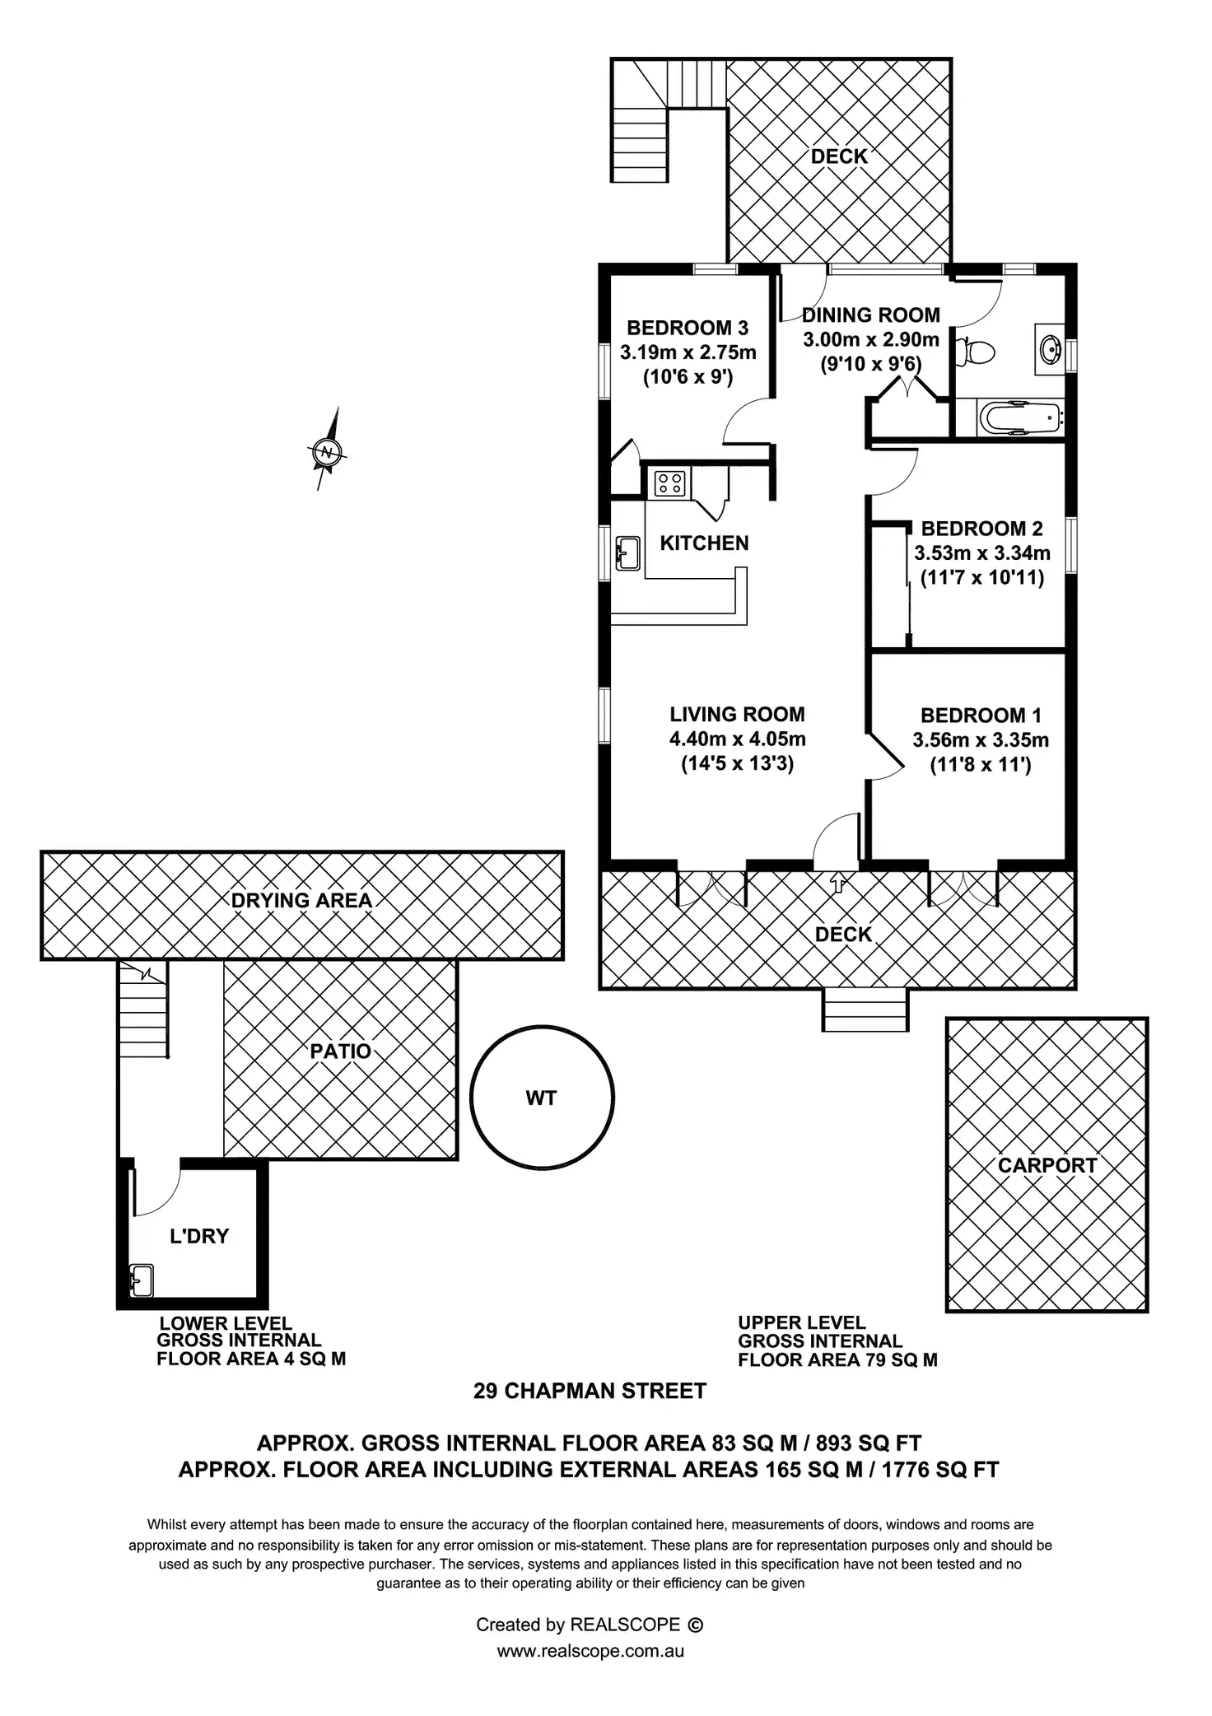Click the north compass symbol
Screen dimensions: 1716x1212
click(x=328, y=451)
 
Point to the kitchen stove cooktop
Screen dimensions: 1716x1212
click(x=669, y=483)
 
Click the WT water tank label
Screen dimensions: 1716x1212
click(x=541, y=1098)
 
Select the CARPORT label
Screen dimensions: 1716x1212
click(x=1047, y=1165)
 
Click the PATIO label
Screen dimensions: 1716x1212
click(x=340, y=1052)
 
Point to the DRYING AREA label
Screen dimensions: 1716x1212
click(x=301, y=900)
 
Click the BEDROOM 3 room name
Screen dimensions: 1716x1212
click(x=688, y=328)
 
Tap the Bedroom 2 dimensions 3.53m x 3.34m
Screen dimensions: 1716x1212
click(x=982, y=553)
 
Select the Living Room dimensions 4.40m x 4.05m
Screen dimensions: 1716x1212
click(x=737, y=739)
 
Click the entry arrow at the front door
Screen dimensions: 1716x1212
click(x=837, y=884)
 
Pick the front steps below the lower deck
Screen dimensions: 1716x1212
click(x=865, y=1010)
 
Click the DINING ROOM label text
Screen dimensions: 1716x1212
click(x=871, y=315)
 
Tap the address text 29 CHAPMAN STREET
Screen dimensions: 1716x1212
click(x=590, y=1391)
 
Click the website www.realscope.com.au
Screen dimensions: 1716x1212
click(x=590, y=1651)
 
